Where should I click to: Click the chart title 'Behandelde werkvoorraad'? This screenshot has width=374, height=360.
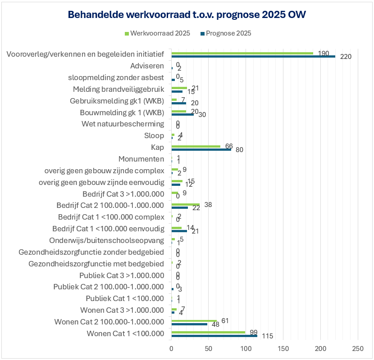pos(187,15)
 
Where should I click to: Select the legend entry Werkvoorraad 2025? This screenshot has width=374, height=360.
pos(157,33)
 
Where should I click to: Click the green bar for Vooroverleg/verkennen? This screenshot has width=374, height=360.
pos(242,53)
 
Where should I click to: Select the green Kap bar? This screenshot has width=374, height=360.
pos(196,146)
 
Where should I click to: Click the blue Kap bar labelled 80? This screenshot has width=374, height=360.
pos(201,149)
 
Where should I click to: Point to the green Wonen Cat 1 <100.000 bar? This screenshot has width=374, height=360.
pos(208,333)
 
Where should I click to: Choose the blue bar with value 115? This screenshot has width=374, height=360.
pos(214,336)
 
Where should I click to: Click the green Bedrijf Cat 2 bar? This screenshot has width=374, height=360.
pos(185,204)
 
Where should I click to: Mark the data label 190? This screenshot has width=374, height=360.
pos(323,53)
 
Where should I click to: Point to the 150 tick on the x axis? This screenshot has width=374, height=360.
pos(283,348)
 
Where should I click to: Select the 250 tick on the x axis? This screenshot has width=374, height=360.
pos(357,348)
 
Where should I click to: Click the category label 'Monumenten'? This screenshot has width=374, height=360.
pos(141,159)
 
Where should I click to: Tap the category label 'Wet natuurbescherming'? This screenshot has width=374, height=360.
pos(123,124)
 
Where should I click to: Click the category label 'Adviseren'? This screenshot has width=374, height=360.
pos(147,66)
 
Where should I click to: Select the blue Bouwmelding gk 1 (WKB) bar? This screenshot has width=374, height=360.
pos(182,114)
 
